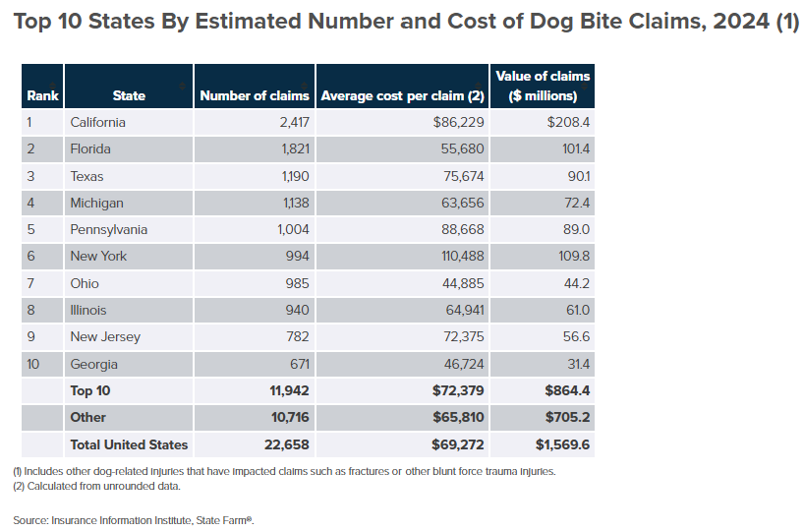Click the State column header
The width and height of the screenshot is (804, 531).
point(129,95)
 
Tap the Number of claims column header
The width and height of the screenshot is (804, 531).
point(255,95)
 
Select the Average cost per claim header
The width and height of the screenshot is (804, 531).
point(403,95)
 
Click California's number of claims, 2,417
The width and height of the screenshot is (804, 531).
point(289,122)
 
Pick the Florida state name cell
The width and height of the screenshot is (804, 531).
point(90,148)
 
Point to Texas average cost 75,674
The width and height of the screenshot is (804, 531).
point(458,176)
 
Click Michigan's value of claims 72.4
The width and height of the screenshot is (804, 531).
point(574,203)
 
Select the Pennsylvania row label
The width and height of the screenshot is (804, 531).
point(109,229)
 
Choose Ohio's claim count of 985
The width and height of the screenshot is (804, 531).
point(296,283)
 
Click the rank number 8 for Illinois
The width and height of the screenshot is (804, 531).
point(31,310)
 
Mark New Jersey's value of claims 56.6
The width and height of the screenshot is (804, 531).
point(574,336)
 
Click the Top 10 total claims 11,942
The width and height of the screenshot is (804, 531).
point(289,390)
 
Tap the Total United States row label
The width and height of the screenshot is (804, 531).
point(129,444)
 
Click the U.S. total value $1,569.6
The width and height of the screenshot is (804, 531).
point(563,444)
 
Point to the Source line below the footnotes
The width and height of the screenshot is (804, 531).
point(134,519)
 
